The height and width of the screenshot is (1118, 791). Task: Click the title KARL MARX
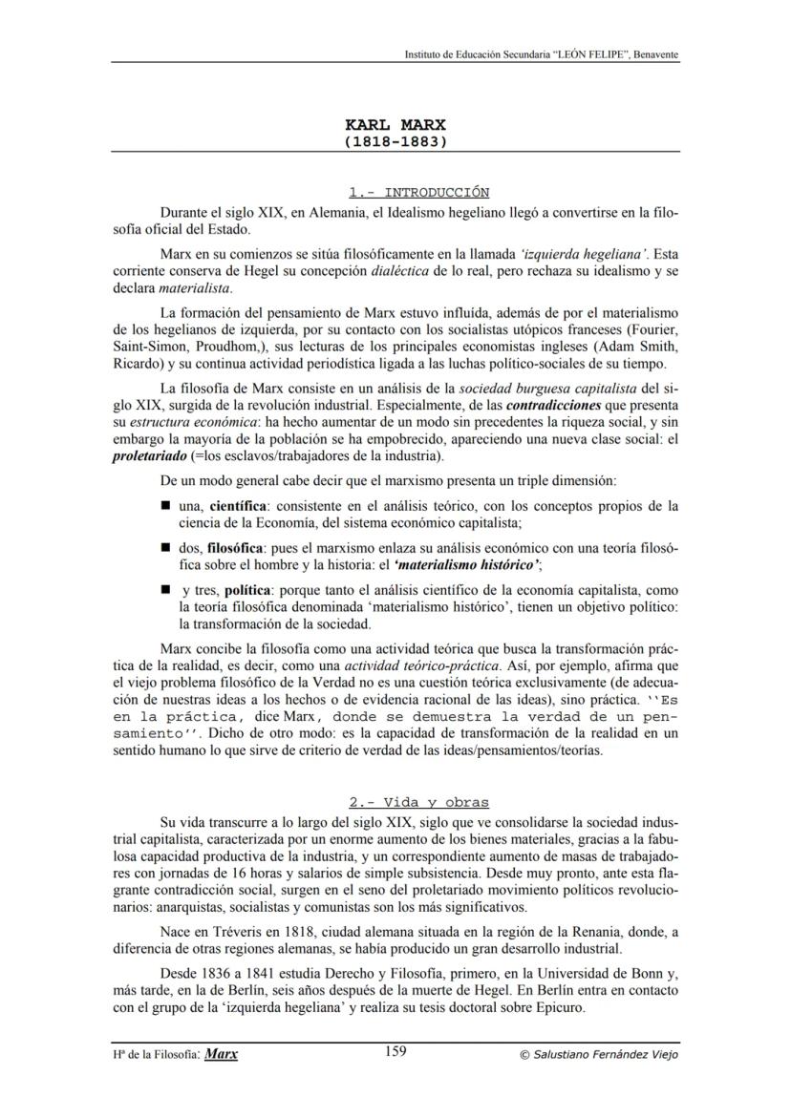[x=395, y=125]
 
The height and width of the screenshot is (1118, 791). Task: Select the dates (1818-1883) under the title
[x=395, y=141]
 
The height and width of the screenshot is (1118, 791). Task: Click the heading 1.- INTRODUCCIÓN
[x=419, y=192]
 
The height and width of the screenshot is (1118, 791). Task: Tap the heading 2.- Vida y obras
[x=419, y=802]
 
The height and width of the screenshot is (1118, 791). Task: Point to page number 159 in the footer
[x=395, y=1051]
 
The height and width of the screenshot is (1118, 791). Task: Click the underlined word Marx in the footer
[x=222, y=1054]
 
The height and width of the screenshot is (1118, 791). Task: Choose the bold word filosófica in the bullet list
[x=234, y=550]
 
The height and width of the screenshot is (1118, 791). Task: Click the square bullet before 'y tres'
[x=165, y=592]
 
